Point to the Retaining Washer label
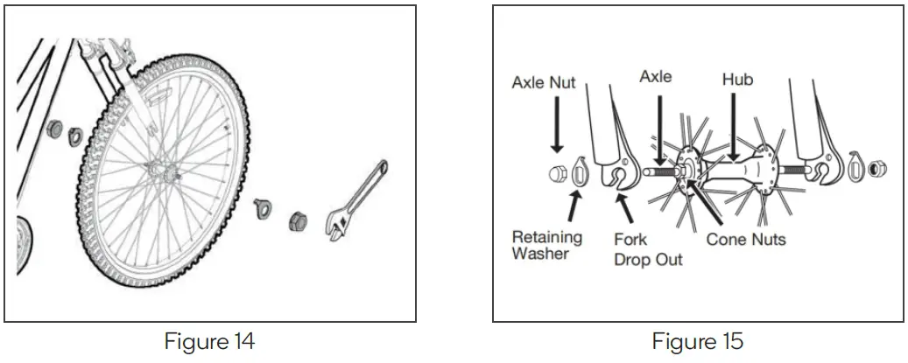tap(547, 245)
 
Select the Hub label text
tap(737, 80)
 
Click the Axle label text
tap(656, 77)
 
